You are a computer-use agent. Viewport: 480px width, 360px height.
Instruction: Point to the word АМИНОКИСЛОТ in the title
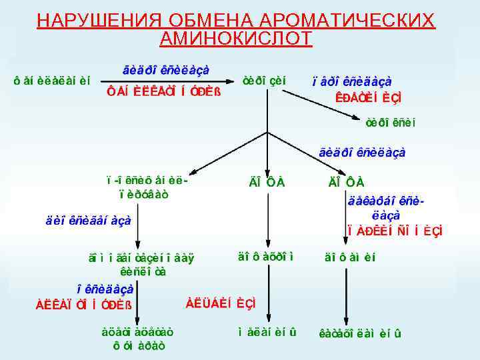tap(236, 39)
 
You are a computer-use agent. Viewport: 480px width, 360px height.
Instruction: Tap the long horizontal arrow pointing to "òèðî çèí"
tap(167, 82)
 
